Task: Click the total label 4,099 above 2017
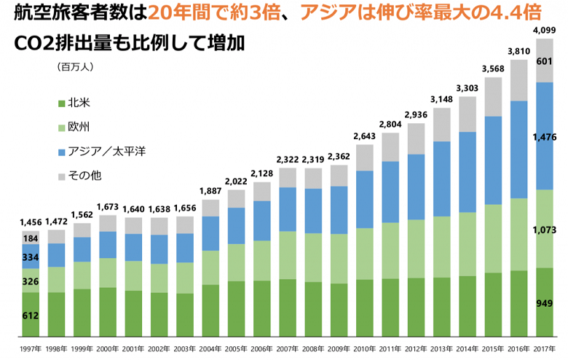click(547, 30)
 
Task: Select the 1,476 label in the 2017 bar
click(547, 136)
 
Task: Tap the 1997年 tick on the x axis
click(31, 348)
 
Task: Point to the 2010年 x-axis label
click(364, 348)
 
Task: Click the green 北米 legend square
click(62, 103)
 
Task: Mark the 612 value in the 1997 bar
click(31, 316)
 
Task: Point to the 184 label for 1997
click(31, 238)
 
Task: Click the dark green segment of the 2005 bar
click(236, 307)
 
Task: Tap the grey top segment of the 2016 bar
click(518, 80)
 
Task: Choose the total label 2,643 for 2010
click(364, 136)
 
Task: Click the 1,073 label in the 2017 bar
click(547, 230)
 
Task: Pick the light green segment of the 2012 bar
click(416, 248)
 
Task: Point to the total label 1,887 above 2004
click(210, 192)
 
